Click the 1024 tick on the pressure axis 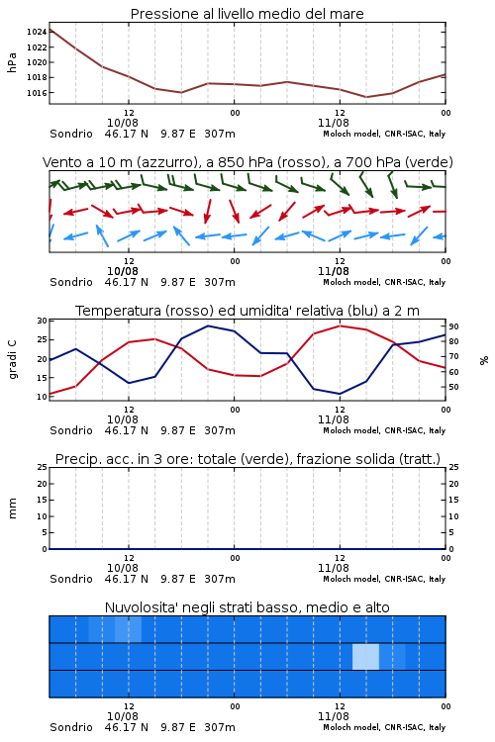pos(36,33)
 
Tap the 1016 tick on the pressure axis pos(36,93)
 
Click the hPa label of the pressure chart pos(12,62)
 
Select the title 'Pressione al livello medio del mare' pos(247,14)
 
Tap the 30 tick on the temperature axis pos(43,321)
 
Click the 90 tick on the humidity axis pos(453,326)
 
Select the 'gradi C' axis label pos(12,360)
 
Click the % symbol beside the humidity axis pos(484,360)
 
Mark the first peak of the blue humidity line pos(76,349)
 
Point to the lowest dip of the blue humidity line pos(340,394)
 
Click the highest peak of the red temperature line pos(340,325)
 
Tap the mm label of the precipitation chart pos(12,509)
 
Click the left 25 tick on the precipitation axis pos(43,467)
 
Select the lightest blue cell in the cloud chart pos(365,657)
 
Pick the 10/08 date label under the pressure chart pos(123,123)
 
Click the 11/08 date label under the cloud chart pos(334,716)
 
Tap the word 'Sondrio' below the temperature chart pos(71,430)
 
